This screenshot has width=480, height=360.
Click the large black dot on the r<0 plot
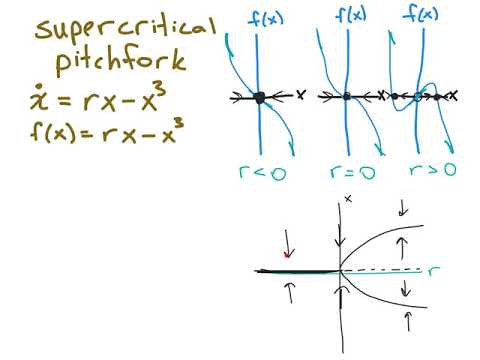(260, 97)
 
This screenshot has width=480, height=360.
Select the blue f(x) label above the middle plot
(350, 14)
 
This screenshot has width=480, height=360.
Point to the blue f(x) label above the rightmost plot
(425, 14)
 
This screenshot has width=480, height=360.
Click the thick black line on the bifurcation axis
(295, 271)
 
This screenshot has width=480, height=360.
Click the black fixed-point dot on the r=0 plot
(347, 97)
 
